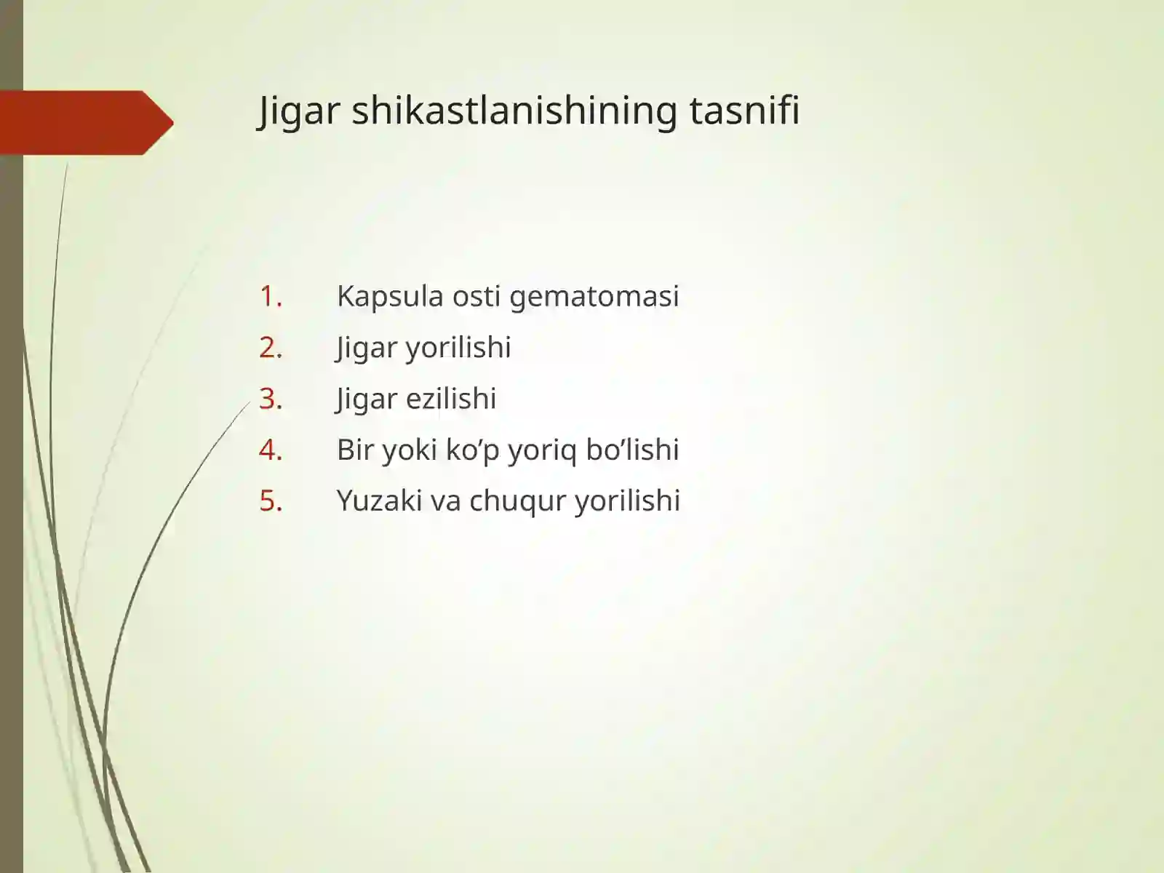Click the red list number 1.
pyautogui.click(x=270, y=296)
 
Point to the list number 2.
pyautogui.click(x=270, y=348)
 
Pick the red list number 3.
pyautogui.click(x=270, y=399)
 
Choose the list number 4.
pyautogui.click(x=270, y=450)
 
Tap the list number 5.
pyautogui.click(x=270, y=501)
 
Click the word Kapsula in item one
pyautogui.click(x=390, y=297)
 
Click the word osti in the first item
pyautogui.click(x=476, y=296)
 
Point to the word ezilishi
pyautogui.click(x=451, y=399)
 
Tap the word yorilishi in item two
pyautogui.click(x=458, y=348)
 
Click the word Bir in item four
pyautogui.click(x=355, y=450)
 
